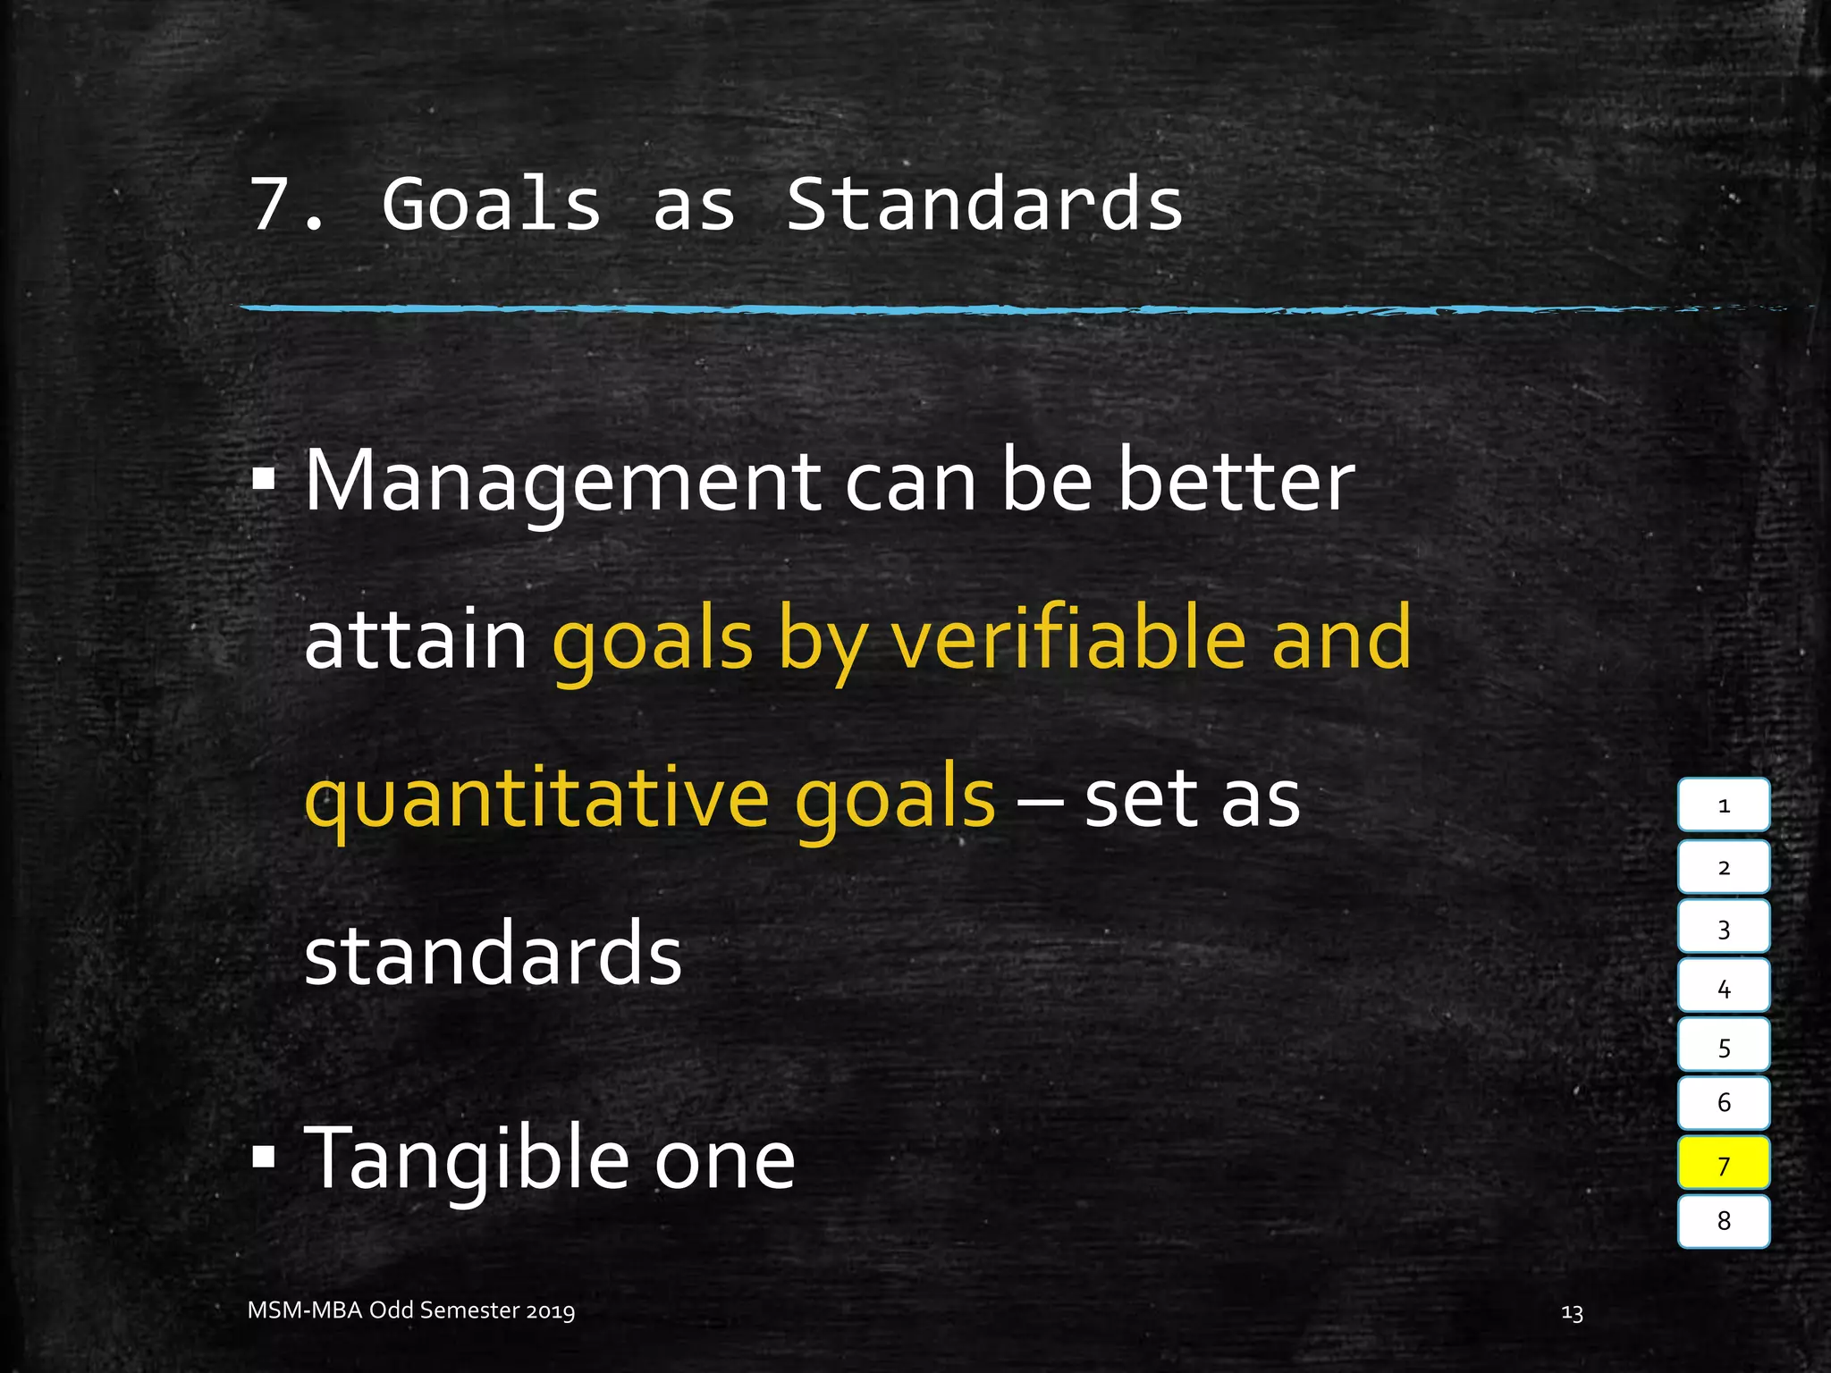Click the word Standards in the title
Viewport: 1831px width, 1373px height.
tap(984, 205)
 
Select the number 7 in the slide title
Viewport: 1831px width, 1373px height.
tap(272, 206)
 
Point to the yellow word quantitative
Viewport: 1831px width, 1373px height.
tap(537, 798)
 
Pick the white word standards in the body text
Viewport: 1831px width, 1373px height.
tap(493, 955)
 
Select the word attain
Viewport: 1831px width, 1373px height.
tap(416, 640)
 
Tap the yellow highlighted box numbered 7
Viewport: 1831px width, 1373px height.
tap(1723, 1164)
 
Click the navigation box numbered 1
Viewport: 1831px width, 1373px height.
tap(1723, 805)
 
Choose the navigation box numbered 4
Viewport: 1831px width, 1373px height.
tap(1723, 988)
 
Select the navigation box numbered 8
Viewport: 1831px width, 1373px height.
tap(1723, 1221)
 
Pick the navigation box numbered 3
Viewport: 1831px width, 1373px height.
tap(1723, 928)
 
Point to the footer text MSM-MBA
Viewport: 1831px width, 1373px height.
tap(305, 1310)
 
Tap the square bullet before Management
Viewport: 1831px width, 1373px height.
tap(264, 481)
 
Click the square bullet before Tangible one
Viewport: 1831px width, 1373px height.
tap(264, 1158)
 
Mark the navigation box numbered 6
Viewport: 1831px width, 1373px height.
tap(1723, 1103)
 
